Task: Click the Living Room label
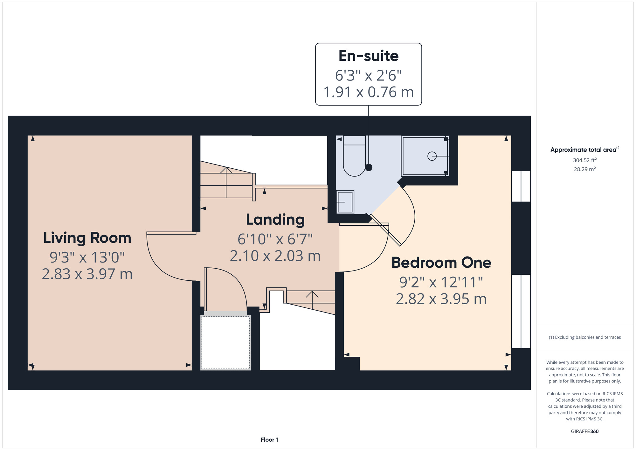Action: (x=87, y=238)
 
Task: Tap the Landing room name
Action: (x=275, y=220)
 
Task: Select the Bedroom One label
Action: (x=441, y=263)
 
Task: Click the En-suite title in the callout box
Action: (x=368, y=56)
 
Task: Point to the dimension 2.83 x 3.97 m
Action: (x=87, y=274)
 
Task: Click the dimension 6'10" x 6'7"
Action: (x=275, y=239)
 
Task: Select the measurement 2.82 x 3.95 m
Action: (x=441, y=299)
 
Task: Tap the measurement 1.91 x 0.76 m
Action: (x=368, y=92)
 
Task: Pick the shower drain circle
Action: (x=432, y=156)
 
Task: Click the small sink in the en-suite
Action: (x=345, y=202)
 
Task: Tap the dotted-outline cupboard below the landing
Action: (x=225, y=342)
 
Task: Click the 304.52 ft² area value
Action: (x=584, y=160)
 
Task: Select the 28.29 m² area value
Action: (x=584, y=169)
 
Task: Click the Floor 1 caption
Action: (x=269, y=439)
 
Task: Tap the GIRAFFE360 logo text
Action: (x=584, y=432)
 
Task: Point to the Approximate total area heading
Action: (x=584, y=150)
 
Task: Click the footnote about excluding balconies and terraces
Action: (x=584, y=337)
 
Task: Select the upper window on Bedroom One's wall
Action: (x=521, y=186)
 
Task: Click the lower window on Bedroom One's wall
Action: (x=521, y=311)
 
